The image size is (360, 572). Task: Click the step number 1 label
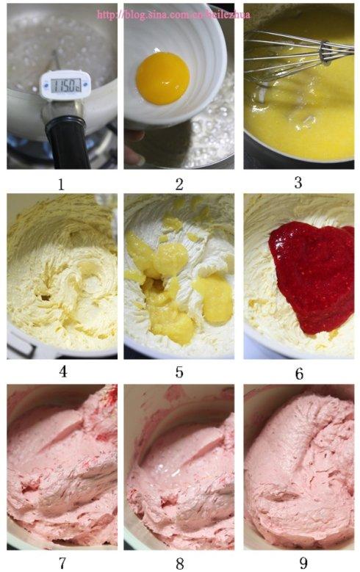coord(62,184)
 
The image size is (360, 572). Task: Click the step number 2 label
coord(179,184)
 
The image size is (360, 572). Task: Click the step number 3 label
coord(298,182)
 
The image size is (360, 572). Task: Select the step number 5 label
coord(179,372)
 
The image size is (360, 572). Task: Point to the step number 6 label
coord(299,373)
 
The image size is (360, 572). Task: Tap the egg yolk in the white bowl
coord(163,77)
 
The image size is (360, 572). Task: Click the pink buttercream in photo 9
coord(301,470)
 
